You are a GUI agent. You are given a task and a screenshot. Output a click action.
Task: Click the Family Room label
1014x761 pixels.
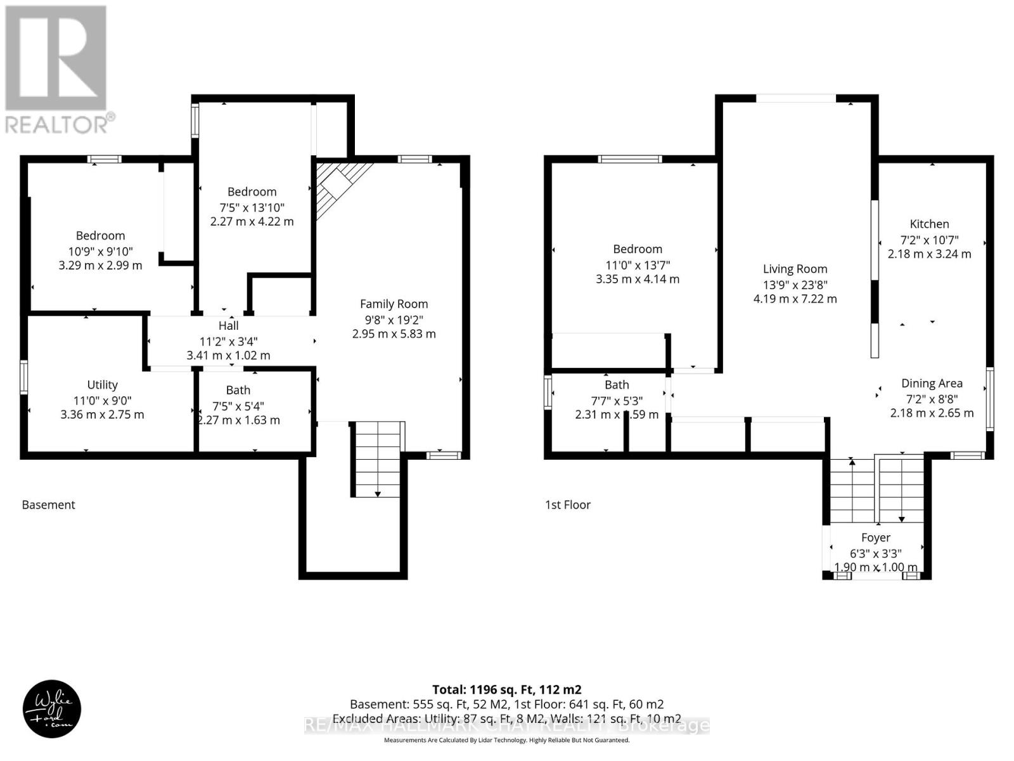click(x=394, y=304)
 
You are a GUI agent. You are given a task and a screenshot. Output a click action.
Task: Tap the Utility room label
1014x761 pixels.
click(x=102, y=384)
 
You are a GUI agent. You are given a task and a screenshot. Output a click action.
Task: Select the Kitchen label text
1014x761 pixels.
click(x=929, y=224)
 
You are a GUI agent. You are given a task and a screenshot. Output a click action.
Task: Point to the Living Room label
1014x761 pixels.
click(x=795, y=269)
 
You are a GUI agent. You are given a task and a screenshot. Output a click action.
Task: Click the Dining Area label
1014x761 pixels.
click(x=932, y=383)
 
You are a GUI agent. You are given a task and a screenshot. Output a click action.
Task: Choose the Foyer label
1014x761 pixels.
click(x=876, y=537)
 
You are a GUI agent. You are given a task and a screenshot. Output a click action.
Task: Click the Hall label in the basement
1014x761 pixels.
click(x=228, y=325)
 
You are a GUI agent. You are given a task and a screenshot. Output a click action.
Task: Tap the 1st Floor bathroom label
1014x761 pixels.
click(x=617, y=384)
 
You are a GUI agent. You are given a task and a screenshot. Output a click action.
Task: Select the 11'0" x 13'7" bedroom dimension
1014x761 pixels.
click(x=638, y=264)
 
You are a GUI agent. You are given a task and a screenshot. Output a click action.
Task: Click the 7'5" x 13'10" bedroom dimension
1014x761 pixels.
click(x=252, y=207)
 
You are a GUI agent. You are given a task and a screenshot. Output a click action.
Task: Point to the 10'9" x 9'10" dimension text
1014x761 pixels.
click(x=101, y=250)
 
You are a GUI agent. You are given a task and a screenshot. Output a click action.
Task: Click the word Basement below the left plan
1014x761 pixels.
click(x=48, y=505)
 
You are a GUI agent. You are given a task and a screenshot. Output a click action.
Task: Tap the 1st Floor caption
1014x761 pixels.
click(x=568, y=505)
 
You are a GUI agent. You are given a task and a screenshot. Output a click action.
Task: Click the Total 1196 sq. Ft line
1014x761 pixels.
click(x=506, y=689)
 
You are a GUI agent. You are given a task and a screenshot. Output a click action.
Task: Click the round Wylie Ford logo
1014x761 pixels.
click(x=52, y=709)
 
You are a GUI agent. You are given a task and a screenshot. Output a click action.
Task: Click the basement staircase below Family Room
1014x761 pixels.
click(x=378, y=458)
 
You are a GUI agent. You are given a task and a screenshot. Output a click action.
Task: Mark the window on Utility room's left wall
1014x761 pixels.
click(x=24, y=377)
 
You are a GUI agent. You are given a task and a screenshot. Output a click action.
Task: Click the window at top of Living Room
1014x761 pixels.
click(x=796, y=98)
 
